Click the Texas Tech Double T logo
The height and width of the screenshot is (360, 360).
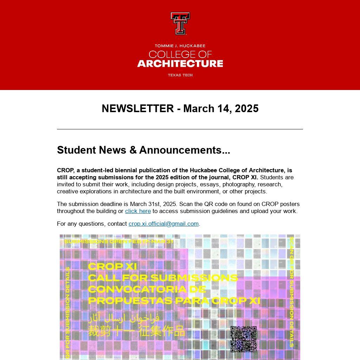tap(180, 24)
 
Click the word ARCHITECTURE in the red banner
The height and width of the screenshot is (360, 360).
tap(180, 64)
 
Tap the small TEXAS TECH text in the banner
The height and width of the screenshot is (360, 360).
tap(180, 75)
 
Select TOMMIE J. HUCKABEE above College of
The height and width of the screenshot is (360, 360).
tap(180, 46)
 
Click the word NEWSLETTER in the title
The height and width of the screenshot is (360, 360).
tap(137, 108)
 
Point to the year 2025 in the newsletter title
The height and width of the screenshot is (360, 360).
tap(246, 108)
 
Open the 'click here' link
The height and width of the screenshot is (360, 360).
tap(138, 211)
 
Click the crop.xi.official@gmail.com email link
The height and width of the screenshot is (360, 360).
tap(163, 224)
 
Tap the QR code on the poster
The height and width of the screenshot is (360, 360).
tap(243, 339)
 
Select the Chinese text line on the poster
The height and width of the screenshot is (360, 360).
tap(136, 331)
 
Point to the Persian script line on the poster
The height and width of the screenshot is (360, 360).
tap(124, 318)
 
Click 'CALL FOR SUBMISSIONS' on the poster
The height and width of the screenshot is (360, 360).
tap(163, 278)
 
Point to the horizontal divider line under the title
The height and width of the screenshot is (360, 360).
tap(180, 129)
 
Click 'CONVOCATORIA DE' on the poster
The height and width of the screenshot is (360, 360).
tap(147, 289)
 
